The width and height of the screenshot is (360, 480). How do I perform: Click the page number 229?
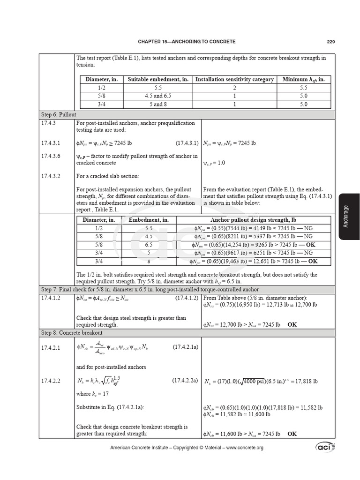pos(330,42)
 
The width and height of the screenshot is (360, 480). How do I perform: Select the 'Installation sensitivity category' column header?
pos(234,79)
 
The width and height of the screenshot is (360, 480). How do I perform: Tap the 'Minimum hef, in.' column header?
pos(303,79)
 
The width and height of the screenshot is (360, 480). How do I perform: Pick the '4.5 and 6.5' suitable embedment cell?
pos(158,96)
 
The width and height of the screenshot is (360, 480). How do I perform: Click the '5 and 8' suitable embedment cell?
pos(158,104)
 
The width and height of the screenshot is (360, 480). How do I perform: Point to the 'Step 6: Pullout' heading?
pos(59,114)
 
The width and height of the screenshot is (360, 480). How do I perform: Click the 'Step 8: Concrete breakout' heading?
pos(72,333)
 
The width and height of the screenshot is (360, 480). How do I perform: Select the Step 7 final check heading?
pos(150,290)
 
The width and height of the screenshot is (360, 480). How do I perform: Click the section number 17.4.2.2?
pos(51,381)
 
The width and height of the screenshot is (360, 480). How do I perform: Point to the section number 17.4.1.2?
pos(51,298)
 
